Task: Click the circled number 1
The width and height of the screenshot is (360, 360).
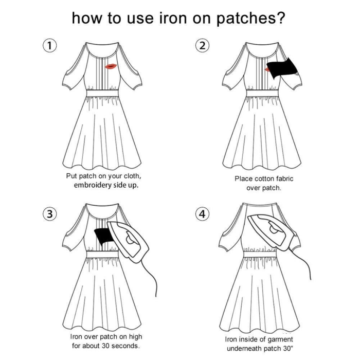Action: coord(50,46)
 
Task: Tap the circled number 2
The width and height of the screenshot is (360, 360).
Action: coord(202,46)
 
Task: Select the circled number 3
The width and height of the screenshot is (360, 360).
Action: coord(50,214)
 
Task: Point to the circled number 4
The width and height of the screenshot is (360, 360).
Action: coord(202,214)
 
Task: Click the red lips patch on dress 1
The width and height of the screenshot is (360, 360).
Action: coord(111,66)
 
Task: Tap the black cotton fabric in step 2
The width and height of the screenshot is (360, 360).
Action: coord(282,68)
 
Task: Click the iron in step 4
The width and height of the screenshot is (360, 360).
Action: coord(271,232)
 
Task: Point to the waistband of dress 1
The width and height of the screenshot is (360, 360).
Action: coord(102,94)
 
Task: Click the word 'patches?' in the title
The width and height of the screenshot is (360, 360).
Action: coord(250,19)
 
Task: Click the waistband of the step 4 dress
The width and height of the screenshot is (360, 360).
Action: coord(259,255)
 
